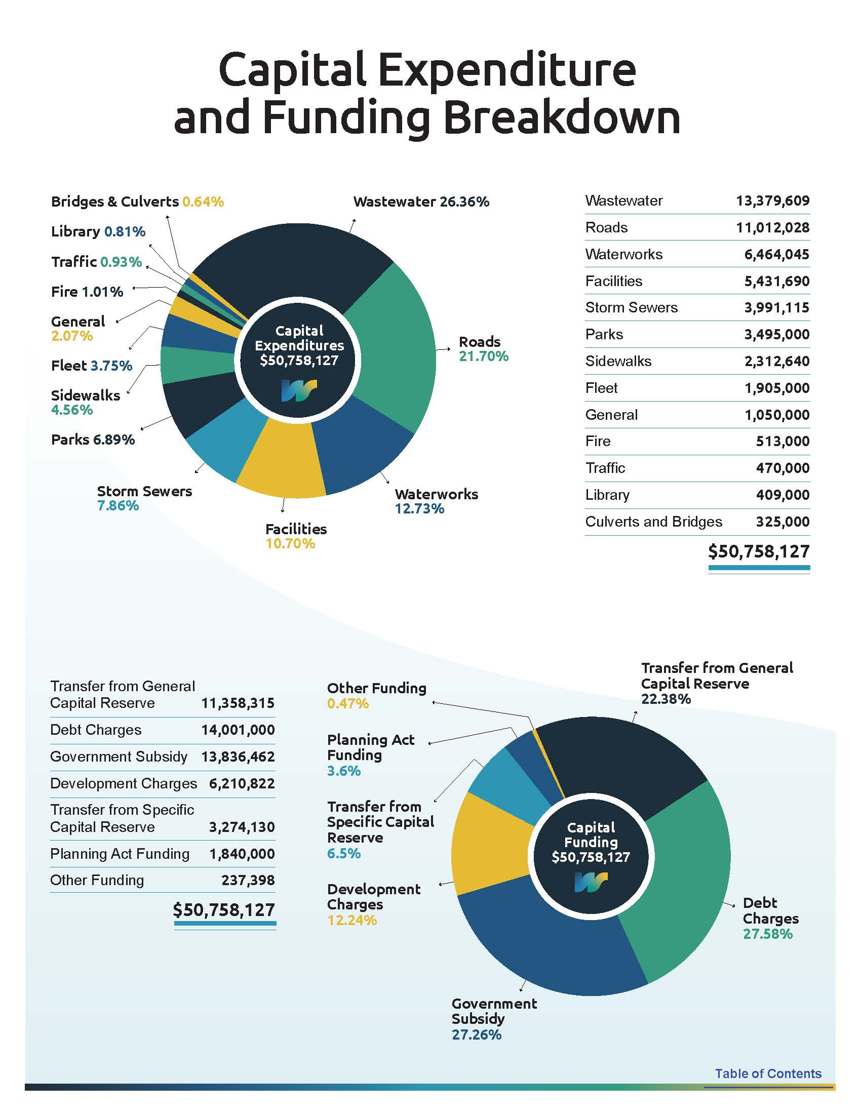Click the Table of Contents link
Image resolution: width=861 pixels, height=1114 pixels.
coord(768,1073)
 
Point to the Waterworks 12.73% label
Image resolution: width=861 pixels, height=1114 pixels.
coord(436,501)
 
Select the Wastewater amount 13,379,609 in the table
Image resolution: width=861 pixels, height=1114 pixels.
coord(772,201)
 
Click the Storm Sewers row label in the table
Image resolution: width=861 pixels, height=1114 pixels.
coord(631,307)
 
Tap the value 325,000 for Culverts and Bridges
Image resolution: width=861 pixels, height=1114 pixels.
coord(782,522)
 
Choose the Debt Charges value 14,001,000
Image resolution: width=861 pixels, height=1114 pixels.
coord(238,730)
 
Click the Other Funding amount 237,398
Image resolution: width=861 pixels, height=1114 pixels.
coord(248,880)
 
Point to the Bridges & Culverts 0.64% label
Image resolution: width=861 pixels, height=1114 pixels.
coord(137,202)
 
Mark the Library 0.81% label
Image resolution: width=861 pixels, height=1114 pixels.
coord(98,231)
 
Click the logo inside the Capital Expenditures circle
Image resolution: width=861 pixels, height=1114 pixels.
coord(299,390)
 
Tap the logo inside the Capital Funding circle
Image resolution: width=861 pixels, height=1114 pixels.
coord(591,882)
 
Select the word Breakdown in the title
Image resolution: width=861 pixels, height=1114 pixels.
coord(562,118)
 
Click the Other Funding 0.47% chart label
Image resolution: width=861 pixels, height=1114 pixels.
coord(376,695)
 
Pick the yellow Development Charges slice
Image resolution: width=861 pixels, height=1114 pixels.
coord(490,847)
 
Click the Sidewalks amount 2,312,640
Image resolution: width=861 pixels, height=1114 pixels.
coord(776,361)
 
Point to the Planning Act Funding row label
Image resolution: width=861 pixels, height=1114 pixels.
coord(120,853)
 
